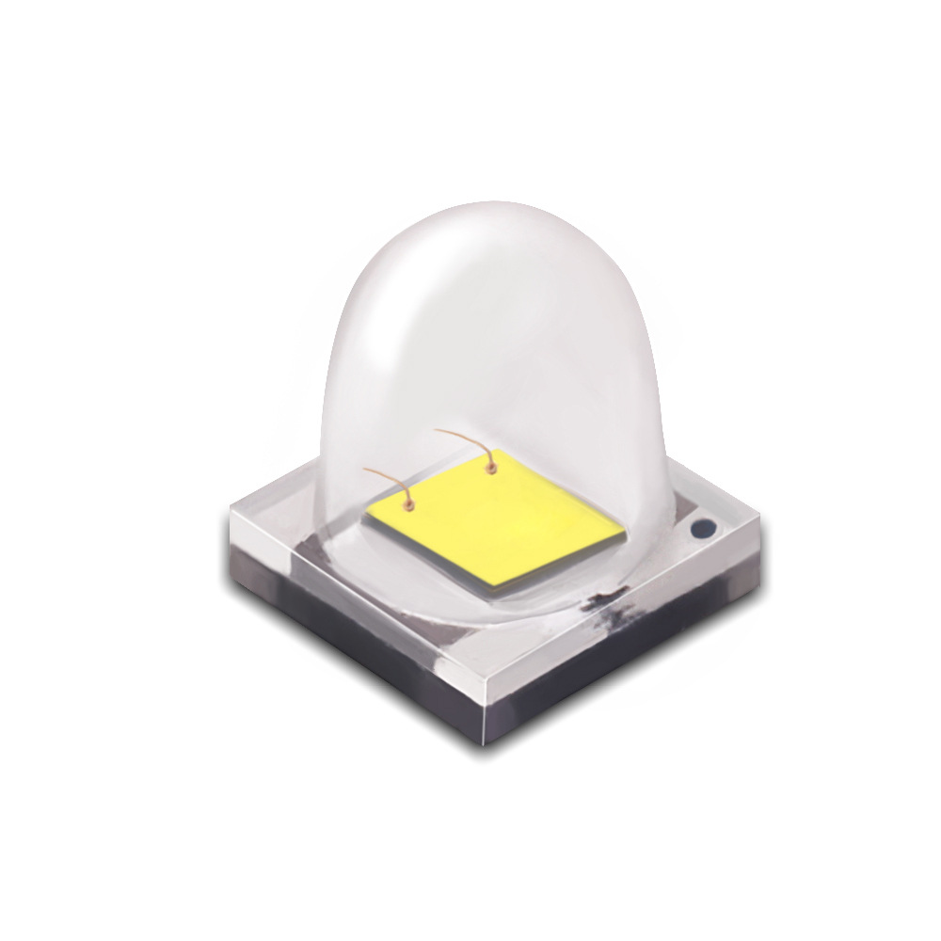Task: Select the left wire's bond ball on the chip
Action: point(409,507)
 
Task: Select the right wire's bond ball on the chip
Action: point(489,464)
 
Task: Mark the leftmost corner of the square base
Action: point(229,514)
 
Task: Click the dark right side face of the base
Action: point(640,659)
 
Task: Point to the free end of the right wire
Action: point(435,432)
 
